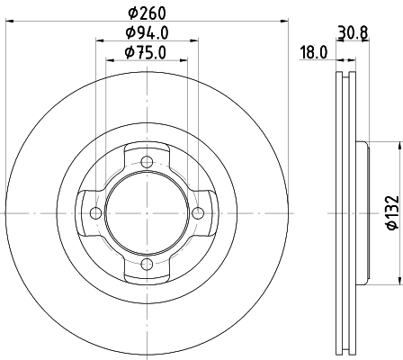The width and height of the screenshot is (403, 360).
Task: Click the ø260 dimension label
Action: [x=147, y=13]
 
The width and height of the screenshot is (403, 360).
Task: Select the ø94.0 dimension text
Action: [x=147, y=32]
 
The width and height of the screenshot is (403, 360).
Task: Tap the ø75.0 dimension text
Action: [x=146, y=53]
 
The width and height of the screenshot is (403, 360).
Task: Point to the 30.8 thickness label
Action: [x=353, y=32]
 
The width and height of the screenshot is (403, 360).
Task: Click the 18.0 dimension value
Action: [x=314, y=53]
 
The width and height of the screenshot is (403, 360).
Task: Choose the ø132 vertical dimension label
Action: [x=393, y=212]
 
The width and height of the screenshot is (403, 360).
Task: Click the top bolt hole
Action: [x=147, y=162]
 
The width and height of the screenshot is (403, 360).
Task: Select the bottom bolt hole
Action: [x=147, y=264]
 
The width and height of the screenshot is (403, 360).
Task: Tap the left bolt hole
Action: [x=96, y=213]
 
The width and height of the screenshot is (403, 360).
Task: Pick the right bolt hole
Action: [x=198, y=213]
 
